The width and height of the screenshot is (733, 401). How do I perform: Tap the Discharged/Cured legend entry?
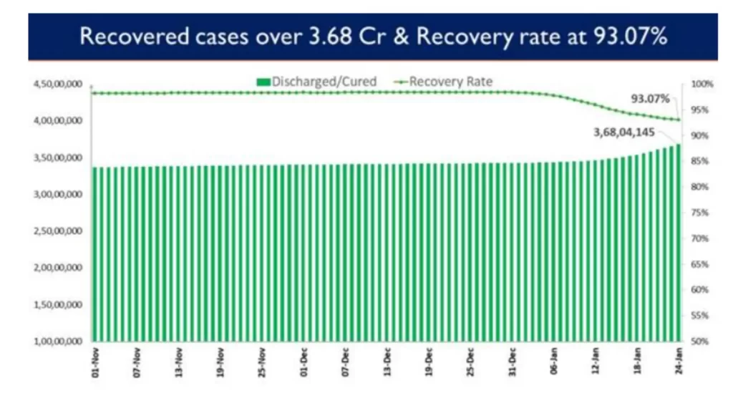coord(315,82)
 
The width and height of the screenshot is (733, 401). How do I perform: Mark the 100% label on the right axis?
coord(703,84)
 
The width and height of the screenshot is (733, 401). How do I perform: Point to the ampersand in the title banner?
coord(403,37)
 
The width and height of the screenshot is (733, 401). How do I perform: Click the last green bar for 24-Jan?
coord(677,243)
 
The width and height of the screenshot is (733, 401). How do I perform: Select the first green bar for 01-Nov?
coord(94,254)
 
